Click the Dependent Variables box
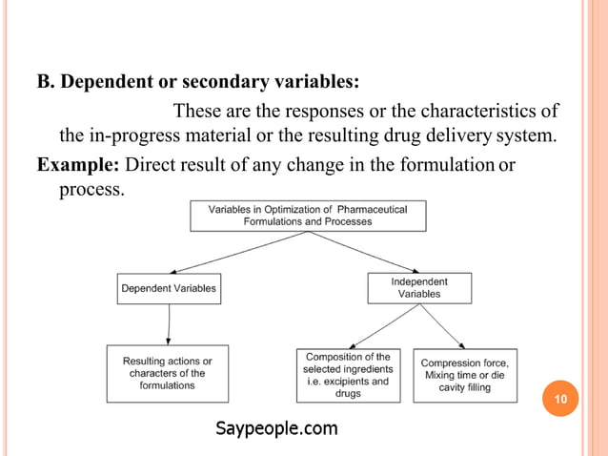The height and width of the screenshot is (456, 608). pos(169,288)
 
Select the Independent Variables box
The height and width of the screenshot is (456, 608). pos(418,288)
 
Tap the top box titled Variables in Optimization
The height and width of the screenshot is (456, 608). pos(308,215)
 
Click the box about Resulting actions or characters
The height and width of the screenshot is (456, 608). pos(168,373)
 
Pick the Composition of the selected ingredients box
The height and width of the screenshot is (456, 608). pos(348,375)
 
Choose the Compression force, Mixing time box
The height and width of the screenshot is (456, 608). pos(465,375)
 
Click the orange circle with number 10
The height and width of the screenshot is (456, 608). pos(560,398)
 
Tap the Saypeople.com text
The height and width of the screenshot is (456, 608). pos(276,428)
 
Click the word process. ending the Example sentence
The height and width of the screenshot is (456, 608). pos(91,189)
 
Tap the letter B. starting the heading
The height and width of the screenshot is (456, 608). pos(47,79)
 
